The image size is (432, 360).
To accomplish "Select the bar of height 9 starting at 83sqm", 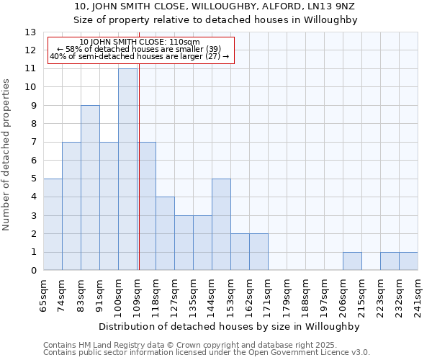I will pyautogui.click(x=90, y=188).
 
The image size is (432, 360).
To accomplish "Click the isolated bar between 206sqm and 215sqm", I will pyautogui.click(x=352, y=261).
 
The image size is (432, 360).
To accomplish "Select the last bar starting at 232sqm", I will pyautogui.click(x=408, y=261).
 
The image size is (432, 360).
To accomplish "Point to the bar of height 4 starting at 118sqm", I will pyautogui.click(x=165, y=234).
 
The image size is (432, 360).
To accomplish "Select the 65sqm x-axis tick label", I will pyautogui.click(x=43, y=294).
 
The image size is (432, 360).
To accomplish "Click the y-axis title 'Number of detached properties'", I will pyautogui.click(x=6, y=155).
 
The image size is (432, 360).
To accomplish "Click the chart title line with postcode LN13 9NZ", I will pyautogui.click(x=215, y=6).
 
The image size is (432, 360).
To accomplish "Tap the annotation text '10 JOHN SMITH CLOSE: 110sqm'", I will pyautogui.click(x=140, y=42).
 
